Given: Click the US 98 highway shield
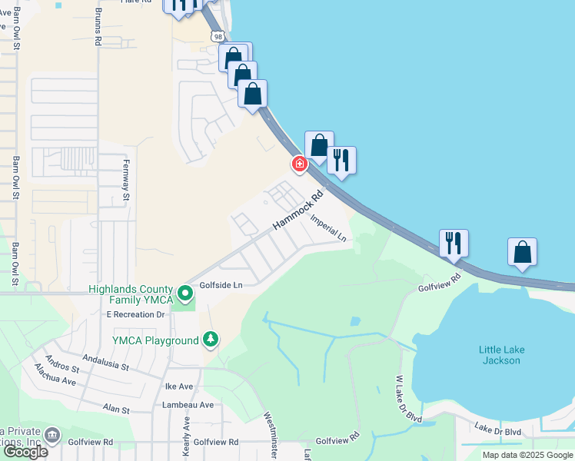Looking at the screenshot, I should point(218,37).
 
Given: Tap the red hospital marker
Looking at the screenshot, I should point(299,164).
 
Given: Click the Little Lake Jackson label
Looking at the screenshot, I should point(501,355).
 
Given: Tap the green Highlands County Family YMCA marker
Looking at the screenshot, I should point(184,294).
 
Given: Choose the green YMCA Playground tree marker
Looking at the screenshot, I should point(210,339).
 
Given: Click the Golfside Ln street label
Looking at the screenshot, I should point(221,284).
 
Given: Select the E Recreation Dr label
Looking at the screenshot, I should point(136,314).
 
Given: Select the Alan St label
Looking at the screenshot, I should point(115,411).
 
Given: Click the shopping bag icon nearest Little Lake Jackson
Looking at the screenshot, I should point(522,253).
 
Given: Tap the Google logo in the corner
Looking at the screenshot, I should point(25,452).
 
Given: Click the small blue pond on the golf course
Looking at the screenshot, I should point(354,321).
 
